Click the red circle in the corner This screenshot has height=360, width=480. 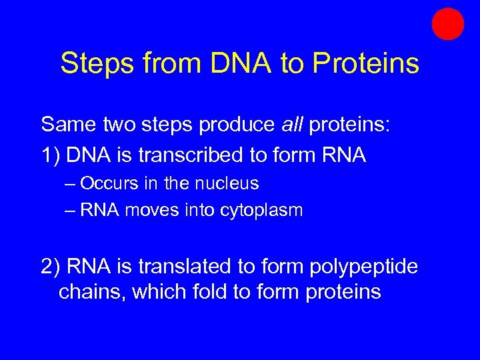point(447,25)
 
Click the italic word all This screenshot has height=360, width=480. point(292,124)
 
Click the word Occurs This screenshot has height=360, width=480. point(113,183)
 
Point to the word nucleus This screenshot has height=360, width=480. point(227,183)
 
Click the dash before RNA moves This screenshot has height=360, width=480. point(71,211)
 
